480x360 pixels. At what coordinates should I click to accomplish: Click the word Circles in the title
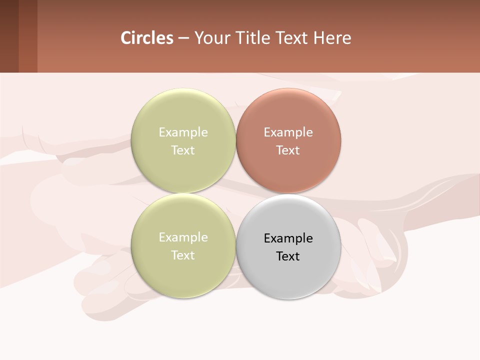click(x=147, y=38)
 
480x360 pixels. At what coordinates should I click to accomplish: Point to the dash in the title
click(x=183, y=38)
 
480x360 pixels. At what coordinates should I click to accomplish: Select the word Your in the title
click(x=212, y=38)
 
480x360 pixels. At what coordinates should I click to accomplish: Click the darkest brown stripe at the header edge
click(x=9, y=36)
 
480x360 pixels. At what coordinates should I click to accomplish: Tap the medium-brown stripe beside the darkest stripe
click(x=28, y=36)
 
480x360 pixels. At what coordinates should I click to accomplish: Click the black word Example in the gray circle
click(x=288, y=238)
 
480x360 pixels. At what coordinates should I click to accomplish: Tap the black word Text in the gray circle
click(x=288, y=256)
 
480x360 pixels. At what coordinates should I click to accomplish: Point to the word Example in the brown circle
click(x=288, y=132)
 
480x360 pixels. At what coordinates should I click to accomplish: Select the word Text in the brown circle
click(x=288, y=150)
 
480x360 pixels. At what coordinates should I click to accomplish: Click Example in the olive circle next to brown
click(x=183, y=132)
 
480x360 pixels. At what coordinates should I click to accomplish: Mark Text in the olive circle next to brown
click(x=183, y=150)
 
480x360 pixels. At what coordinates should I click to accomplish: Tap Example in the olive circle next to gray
click(x=183, y=237)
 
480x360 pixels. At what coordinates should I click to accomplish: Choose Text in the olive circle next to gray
click(x=183, y=255)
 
